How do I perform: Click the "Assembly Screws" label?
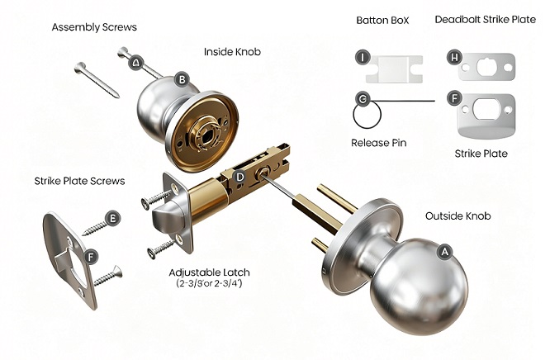(x=94, y=27)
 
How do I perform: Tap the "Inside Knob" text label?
(x=232, y=52)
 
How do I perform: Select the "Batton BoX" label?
(x=382, y=21)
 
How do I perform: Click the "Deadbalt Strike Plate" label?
(x=485, y=20)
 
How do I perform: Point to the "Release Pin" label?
(x=378, y=143)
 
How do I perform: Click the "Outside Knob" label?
(x=458, y=216)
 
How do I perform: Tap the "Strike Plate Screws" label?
(x=79, y=181)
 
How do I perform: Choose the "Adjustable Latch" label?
(x=210, y=272)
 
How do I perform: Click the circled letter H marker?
(x=454, y=57)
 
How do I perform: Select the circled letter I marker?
(x=363, y=57)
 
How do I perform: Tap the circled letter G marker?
(x=363, y=99)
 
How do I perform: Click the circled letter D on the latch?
(x=239, y=177)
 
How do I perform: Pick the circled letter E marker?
(x=112, y=219)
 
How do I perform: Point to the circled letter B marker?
(x=182, y=79)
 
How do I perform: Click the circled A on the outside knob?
(x=445, y=252)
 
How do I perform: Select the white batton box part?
(x=394, y=69)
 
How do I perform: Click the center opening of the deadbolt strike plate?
(x=487, y=67)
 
